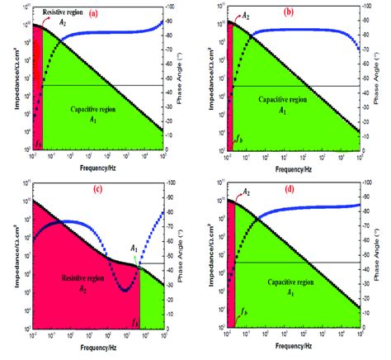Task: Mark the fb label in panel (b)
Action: point(239,142)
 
